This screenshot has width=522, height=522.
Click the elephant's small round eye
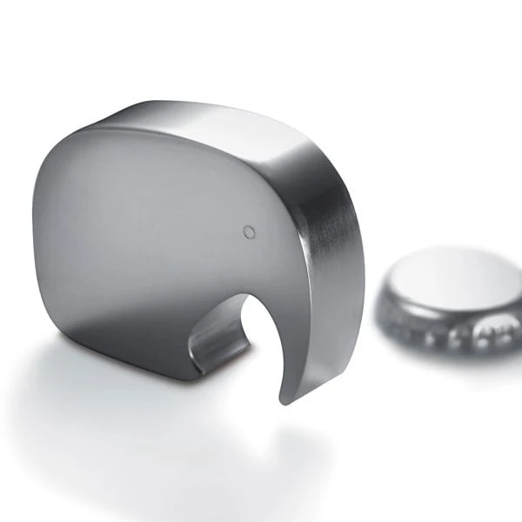(x=250, y=231)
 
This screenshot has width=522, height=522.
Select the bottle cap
(x=448, y=300)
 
